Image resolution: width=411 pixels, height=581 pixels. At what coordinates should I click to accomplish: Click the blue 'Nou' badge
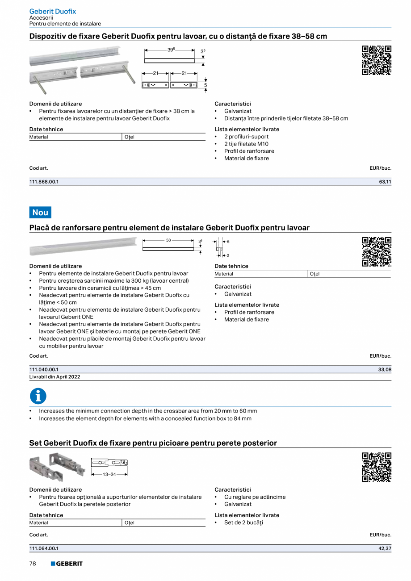pos(40,213)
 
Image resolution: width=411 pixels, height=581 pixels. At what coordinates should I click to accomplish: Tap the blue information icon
pos(38,396)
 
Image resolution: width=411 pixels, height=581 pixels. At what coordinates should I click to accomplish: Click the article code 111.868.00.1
pos(44,182)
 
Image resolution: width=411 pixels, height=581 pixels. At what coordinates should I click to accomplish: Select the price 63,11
pos(385,182)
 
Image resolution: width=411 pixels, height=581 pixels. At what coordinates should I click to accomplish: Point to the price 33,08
pos(385,369)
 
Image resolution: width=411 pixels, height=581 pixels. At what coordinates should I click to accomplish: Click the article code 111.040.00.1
pos(44,369)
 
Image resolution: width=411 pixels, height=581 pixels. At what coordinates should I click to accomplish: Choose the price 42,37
pos(385,548)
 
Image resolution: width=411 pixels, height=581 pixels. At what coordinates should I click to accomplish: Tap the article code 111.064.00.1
pos(44,548)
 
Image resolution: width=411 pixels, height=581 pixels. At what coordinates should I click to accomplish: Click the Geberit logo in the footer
pos(67,564)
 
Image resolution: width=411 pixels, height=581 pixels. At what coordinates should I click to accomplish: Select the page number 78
pos(33,564)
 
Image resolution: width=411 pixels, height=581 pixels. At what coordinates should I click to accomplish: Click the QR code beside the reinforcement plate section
pos(377,252)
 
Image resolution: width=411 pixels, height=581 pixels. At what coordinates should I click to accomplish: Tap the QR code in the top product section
pos(377,60)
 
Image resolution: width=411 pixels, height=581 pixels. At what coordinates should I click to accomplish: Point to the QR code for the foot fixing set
pos(377,467)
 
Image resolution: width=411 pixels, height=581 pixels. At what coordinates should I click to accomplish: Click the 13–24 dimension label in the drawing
pos(109,474)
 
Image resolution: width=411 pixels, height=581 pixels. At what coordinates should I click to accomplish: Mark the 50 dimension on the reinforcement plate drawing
pos(168,240)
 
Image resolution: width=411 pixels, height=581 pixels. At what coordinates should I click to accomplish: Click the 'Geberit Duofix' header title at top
pos(53,11)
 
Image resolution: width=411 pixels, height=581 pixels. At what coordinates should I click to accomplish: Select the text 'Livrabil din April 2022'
pos(55,376)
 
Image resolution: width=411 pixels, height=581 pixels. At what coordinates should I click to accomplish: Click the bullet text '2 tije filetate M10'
pos(246,144)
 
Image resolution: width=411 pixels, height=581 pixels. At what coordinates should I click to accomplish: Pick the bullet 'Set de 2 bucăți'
pos(243,522)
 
